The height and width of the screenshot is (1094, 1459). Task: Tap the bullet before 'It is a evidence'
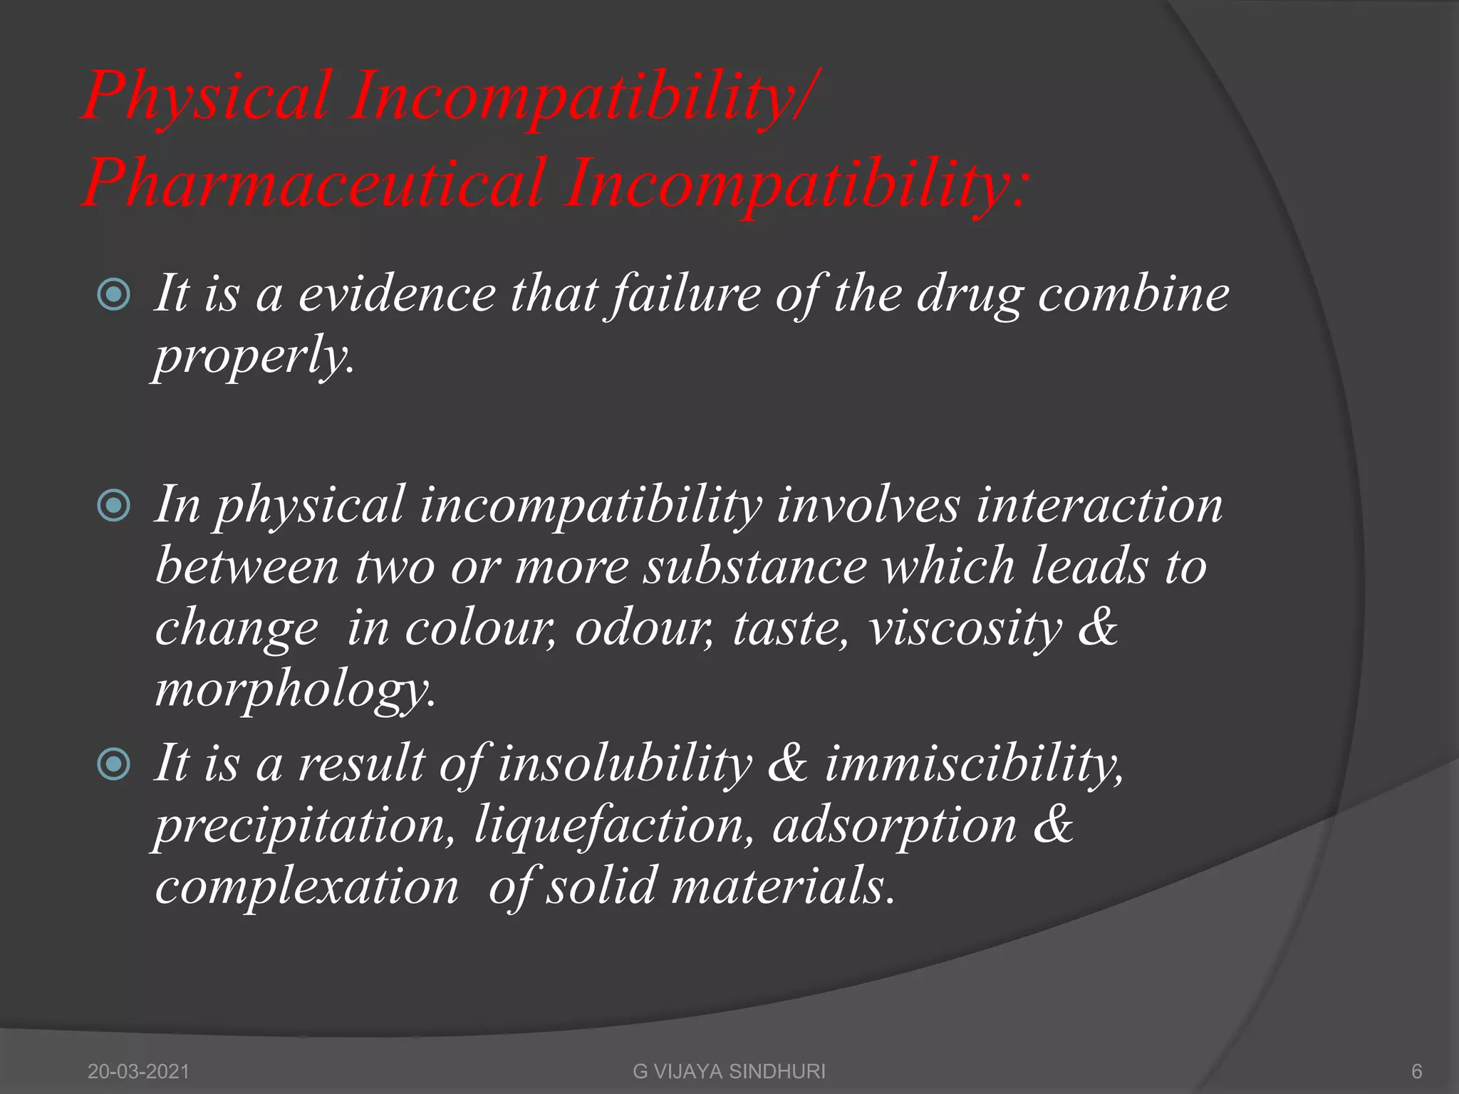(x=114, y=294)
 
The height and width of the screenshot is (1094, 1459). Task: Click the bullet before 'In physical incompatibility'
(x=114, y=506)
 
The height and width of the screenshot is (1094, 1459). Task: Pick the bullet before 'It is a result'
(x=114, y=764)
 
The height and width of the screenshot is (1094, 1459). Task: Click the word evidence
(x=397, y=294)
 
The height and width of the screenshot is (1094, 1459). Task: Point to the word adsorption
(x=894, y=826)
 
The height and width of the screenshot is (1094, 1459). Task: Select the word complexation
(x=307, y=887)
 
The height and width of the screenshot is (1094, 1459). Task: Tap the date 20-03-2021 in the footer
(x=139, y=1071)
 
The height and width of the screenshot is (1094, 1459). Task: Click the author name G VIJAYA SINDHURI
(x=729, y=1071)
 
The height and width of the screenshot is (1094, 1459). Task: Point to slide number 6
(x=1416, y=1071)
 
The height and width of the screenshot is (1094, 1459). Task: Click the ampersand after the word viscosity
(x=1098, y=628)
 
